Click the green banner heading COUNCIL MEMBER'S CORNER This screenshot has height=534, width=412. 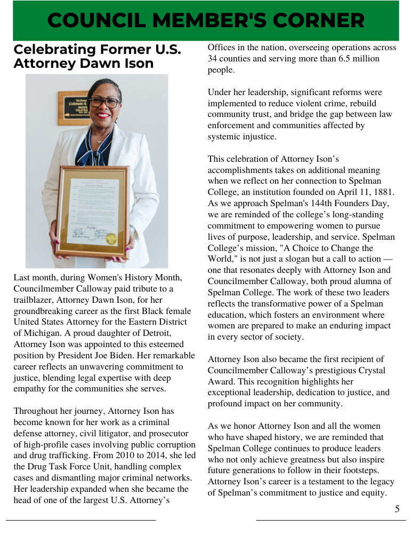tap(206, 21)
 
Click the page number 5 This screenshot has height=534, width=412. tap(397, 509)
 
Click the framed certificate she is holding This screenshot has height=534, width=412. tap(93, 206)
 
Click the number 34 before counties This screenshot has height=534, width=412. tap(213, 59)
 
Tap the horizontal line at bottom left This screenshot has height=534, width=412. tap(80, 520)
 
